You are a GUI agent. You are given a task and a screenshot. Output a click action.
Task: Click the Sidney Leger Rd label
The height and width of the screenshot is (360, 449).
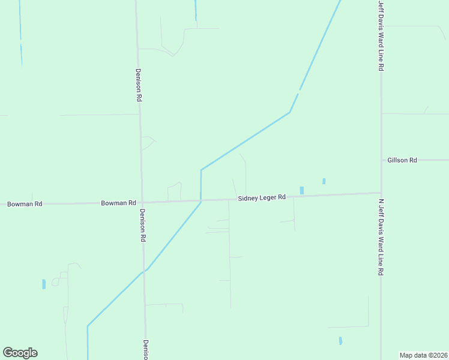tap(261, 197)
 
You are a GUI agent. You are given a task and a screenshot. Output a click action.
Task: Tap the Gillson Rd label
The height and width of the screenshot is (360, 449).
tap(402, 160)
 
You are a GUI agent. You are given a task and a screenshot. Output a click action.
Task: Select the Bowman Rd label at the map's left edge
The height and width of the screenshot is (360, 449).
tap(25, 204)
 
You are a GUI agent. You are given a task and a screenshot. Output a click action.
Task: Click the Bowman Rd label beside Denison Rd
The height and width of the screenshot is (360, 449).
tap(118, 203)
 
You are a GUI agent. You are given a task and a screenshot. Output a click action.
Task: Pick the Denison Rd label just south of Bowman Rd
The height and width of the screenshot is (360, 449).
tap(143, 225)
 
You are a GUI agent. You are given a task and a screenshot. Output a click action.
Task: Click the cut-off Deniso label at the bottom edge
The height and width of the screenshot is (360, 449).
tap(145, 350)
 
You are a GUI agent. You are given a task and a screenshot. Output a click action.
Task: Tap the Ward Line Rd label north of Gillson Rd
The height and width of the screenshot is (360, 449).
tap(381, 36)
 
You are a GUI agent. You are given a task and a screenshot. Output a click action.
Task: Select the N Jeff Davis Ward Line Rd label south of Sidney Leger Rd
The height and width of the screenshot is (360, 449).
tap(381, 237)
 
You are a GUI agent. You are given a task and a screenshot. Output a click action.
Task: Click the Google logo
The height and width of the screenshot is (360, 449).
tap(20, 353)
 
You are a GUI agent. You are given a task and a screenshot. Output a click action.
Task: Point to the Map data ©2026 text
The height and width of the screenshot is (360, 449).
tap(424, 355)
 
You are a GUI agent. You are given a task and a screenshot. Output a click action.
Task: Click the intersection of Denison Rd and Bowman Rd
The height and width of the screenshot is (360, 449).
tap(142, 202)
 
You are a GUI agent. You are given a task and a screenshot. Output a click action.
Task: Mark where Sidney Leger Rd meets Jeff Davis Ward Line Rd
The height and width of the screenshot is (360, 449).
tap(381, 193)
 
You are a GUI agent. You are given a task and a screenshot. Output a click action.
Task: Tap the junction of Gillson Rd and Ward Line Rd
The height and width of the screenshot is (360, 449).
tap(381, 160)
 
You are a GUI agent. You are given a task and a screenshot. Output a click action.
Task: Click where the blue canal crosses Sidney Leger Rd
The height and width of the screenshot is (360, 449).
tap(201, 200)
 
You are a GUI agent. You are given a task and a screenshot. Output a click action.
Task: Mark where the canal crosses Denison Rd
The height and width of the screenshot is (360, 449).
tap(144, 271)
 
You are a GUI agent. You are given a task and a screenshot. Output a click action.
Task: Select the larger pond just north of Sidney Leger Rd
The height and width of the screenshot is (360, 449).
tap(301, 190)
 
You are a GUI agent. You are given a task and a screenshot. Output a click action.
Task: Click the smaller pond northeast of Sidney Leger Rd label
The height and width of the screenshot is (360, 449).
tap(324, 181)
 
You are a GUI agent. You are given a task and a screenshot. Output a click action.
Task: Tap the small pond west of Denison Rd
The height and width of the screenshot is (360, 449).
tap(44, 284)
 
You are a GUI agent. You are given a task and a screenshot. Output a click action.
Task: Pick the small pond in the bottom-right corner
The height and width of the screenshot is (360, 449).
tap(340, 340)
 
